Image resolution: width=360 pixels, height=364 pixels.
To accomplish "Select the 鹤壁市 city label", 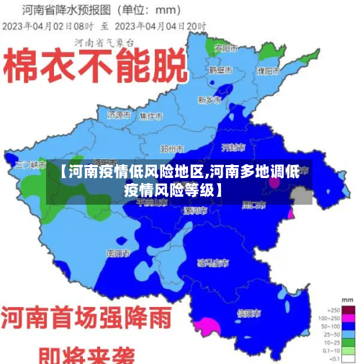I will click(220, 71).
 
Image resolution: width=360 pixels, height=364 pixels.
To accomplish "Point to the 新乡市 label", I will click(210, 99).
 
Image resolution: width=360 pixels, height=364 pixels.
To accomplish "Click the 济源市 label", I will click(119, 115).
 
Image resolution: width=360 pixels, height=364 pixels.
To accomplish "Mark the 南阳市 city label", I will click(117, 254).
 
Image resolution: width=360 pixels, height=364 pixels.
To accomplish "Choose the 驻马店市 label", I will click(213, 263).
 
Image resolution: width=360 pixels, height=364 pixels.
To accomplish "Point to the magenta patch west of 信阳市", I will click(206, 326).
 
